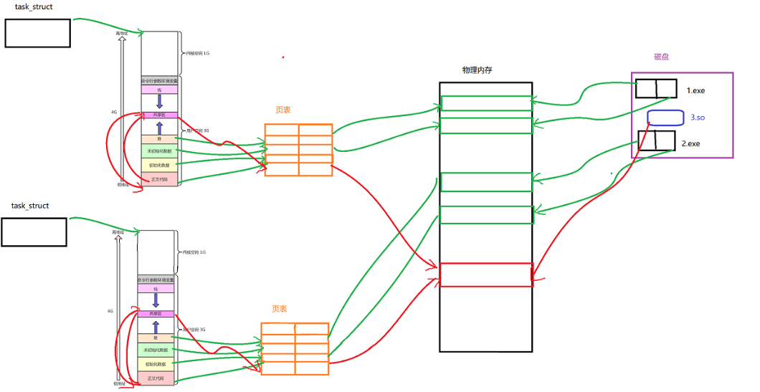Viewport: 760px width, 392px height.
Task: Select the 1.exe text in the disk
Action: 695,91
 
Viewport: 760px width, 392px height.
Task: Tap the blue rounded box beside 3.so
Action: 665,118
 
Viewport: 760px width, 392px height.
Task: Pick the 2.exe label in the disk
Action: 690,143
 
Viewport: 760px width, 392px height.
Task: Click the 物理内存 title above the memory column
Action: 477,70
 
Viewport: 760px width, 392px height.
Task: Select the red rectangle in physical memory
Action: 485,274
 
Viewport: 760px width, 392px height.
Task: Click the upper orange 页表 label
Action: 282,110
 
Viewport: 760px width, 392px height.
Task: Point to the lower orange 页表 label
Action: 279,309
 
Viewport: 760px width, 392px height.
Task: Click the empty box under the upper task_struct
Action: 38,33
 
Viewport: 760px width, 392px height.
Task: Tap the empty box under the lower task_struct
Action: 34,231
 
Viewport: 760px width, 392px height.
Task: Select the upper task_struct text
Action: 34,6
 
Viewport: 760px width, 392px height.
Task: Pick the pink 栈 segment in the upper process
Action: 158,90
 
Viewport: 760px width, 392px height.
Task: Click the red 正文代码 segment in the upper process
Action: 158,178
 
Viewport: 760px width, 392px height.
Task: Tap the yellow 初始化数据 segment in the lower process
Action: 156,365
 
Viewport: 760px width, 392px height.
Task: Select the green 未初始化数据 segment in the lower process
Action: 156,350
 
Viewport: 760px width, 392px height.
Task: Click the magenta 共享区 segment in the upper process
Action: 158,115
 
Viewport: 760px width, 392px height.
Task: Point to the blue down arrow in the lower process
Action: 155,299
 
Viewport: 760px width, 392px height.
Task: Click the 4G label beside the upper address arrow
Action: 113,113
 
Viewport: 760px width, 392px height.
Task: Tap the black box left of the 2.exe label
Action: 657,140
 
